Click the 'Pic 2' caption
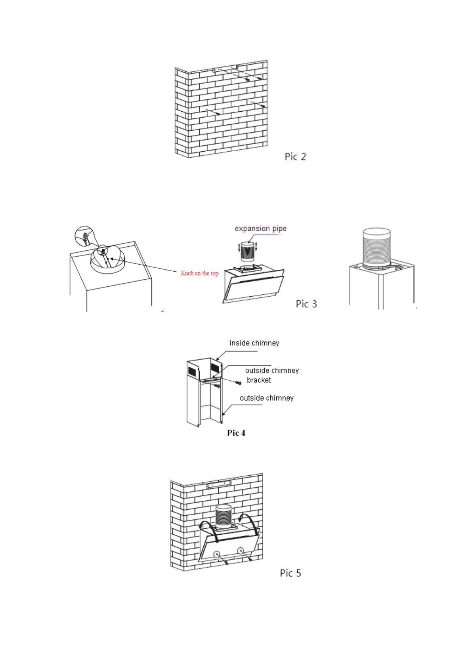pos(295,157)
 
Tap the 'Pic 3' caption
pos(306,304)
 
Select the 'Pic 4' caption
pos(236,433)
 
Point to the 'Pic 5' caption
pos(290,573)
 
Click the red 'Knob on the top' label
pos(199,273)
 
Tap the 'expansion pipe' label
pos(260,229)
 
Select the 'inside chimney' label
pos(254,343)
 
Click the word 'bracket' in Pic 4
pos(259,380)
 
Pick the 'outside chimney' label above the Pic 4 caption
pos(266,398)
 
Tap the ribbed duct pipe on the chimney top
pos(376,247)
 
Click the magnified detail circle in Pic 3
pos(84,236)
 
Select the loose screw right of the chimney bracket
pos(238,383)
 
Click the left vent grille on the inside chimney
pos(192,371)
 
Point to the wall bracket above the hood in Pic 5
pos(218,484)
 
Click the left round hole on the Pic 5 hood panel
pos(217,554)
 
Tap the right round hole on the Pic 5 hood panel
pos(240,551)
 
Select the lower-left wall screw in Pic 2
pos(217,114)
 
